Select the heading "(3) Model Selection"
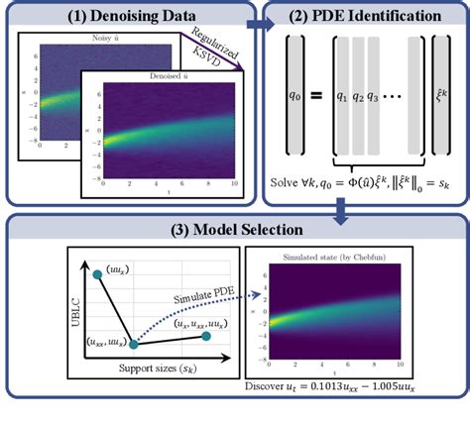click(234, 230)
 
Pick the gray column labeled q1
click(342, 95)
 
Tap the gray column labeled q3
click(386, 95)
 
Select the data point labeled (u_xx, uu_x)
click(134, 346)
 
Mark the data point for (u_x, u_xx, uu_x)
click(206, 337)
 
